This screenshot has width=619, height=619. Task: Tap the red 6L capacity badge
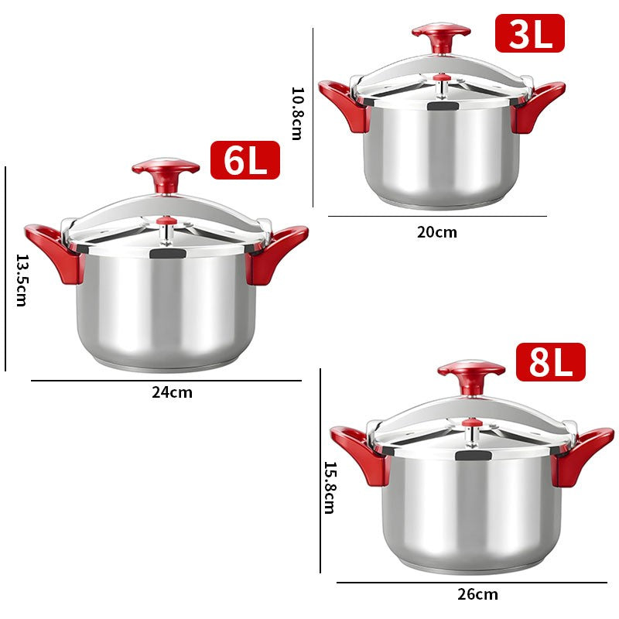coord(245,160)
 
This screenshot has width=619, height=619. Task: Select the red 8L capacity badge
coord(550,362)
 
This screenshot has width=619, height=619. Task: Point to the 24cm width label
coord(172,392)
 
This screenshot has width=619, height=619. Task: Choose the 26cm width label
coord(477,595)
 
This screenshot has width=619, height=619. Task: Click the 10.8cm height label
coord(297,113)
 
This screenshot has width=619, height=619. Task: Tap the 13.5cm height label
coord(21,280)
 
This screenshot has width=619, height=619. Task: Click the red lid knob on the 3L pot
coord(441,35)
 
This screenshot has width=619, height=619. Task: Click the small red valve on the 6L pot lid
coord(164,223)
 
